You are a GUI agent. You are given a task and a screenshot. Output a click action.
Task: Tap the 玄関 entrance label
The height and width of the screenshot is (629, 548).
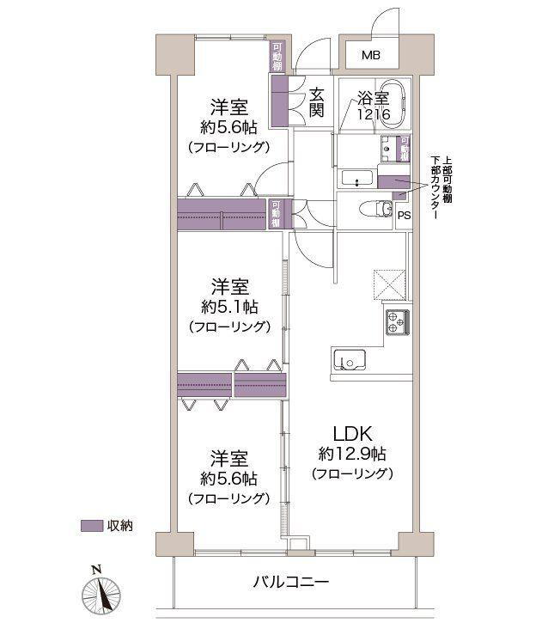[317, 102]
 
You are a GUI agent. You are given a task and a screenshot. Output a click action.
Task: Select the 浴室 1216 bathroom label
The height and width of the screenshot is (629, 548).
[372, 106]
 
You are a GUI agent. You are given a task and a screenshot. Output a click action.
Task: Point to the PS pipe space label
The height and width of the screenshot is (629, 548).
[403, 216]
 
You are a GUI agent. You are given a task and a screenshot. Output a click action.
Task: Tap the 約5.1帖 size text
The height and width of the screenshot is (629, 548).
[230, 306]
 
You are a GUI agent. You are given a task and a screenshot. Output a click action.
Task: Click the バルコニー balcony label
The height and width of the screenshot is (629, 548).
[290, 582]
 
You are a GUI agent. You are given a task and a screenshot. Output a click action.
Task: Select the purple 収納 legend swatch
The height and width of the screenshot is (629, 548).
[91, 525]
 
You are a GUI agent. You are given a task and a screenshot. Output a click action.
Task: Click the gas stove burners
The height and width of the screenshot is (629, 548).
[397, 321]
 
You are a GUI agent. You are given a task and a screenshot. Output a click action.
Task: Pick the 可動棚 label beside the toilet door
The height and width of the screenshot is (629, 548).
[276, 213]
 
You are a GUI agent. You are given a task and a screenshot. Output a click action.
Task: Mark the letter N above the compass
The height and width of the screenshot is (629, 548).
[96, 569]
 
